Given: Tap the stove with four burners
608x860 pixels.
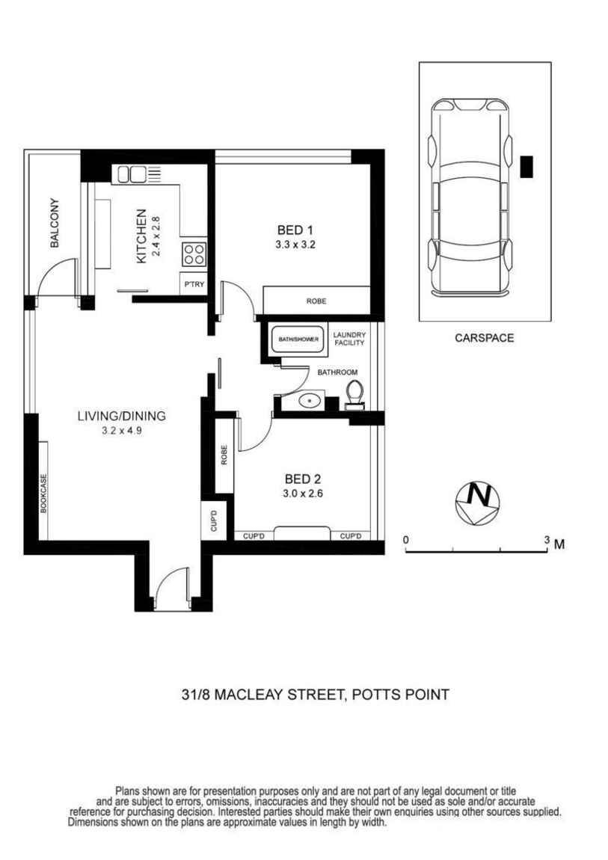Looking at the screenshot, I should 193,254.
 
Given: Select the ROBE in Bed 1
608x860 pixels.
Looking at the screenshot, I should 316,301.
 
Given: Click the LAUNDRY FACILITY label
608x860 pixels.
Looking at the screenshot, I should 348,339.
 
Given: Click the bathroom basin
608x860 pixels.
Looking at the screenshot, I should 310,401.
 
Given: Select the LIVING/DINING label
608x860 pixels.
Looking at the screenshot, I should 121,416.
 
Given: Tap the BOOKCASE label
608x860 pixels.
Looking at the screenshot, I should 43,493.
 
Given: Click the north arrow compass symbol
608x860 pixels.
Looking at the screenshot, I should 476,500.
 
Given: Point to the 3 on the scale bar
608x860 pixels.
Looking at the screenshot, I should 547,540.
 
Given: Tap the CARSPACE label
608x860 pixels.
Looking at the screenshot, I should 484,338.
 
